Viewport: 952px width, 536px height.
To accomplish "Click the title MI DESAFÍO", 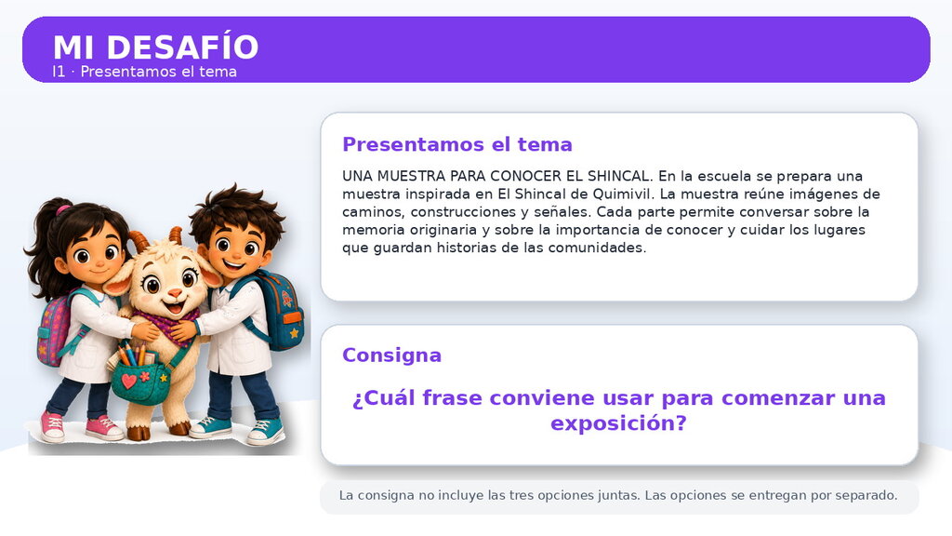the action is [155, 47].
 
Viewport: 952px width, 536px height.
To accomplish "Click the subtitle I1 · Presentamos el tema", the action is [144, 72].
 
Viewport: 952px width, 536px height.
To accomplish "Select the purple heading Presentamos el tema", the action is [457, 144].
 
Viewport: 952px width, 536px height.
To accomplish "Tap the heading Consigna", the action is [391, 355].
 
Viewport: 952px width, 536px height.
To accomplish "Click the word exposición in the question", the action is [618, 423].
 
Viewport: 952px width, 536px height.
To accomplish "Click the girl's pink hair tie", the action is [62, 210].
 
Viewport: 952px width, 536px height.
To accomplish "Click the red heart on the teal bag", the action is [128, 381].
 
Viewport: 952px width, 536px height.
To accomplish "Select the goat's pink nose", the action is [174, 293].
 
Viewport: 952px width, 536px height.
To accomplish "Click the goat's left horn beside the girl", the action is [139, 241].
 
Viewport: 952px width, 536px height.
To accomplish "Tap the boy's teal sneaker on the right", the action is [265, 431].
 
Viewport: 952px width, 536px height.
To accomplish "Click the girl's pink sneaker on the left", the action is [52, 426].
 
